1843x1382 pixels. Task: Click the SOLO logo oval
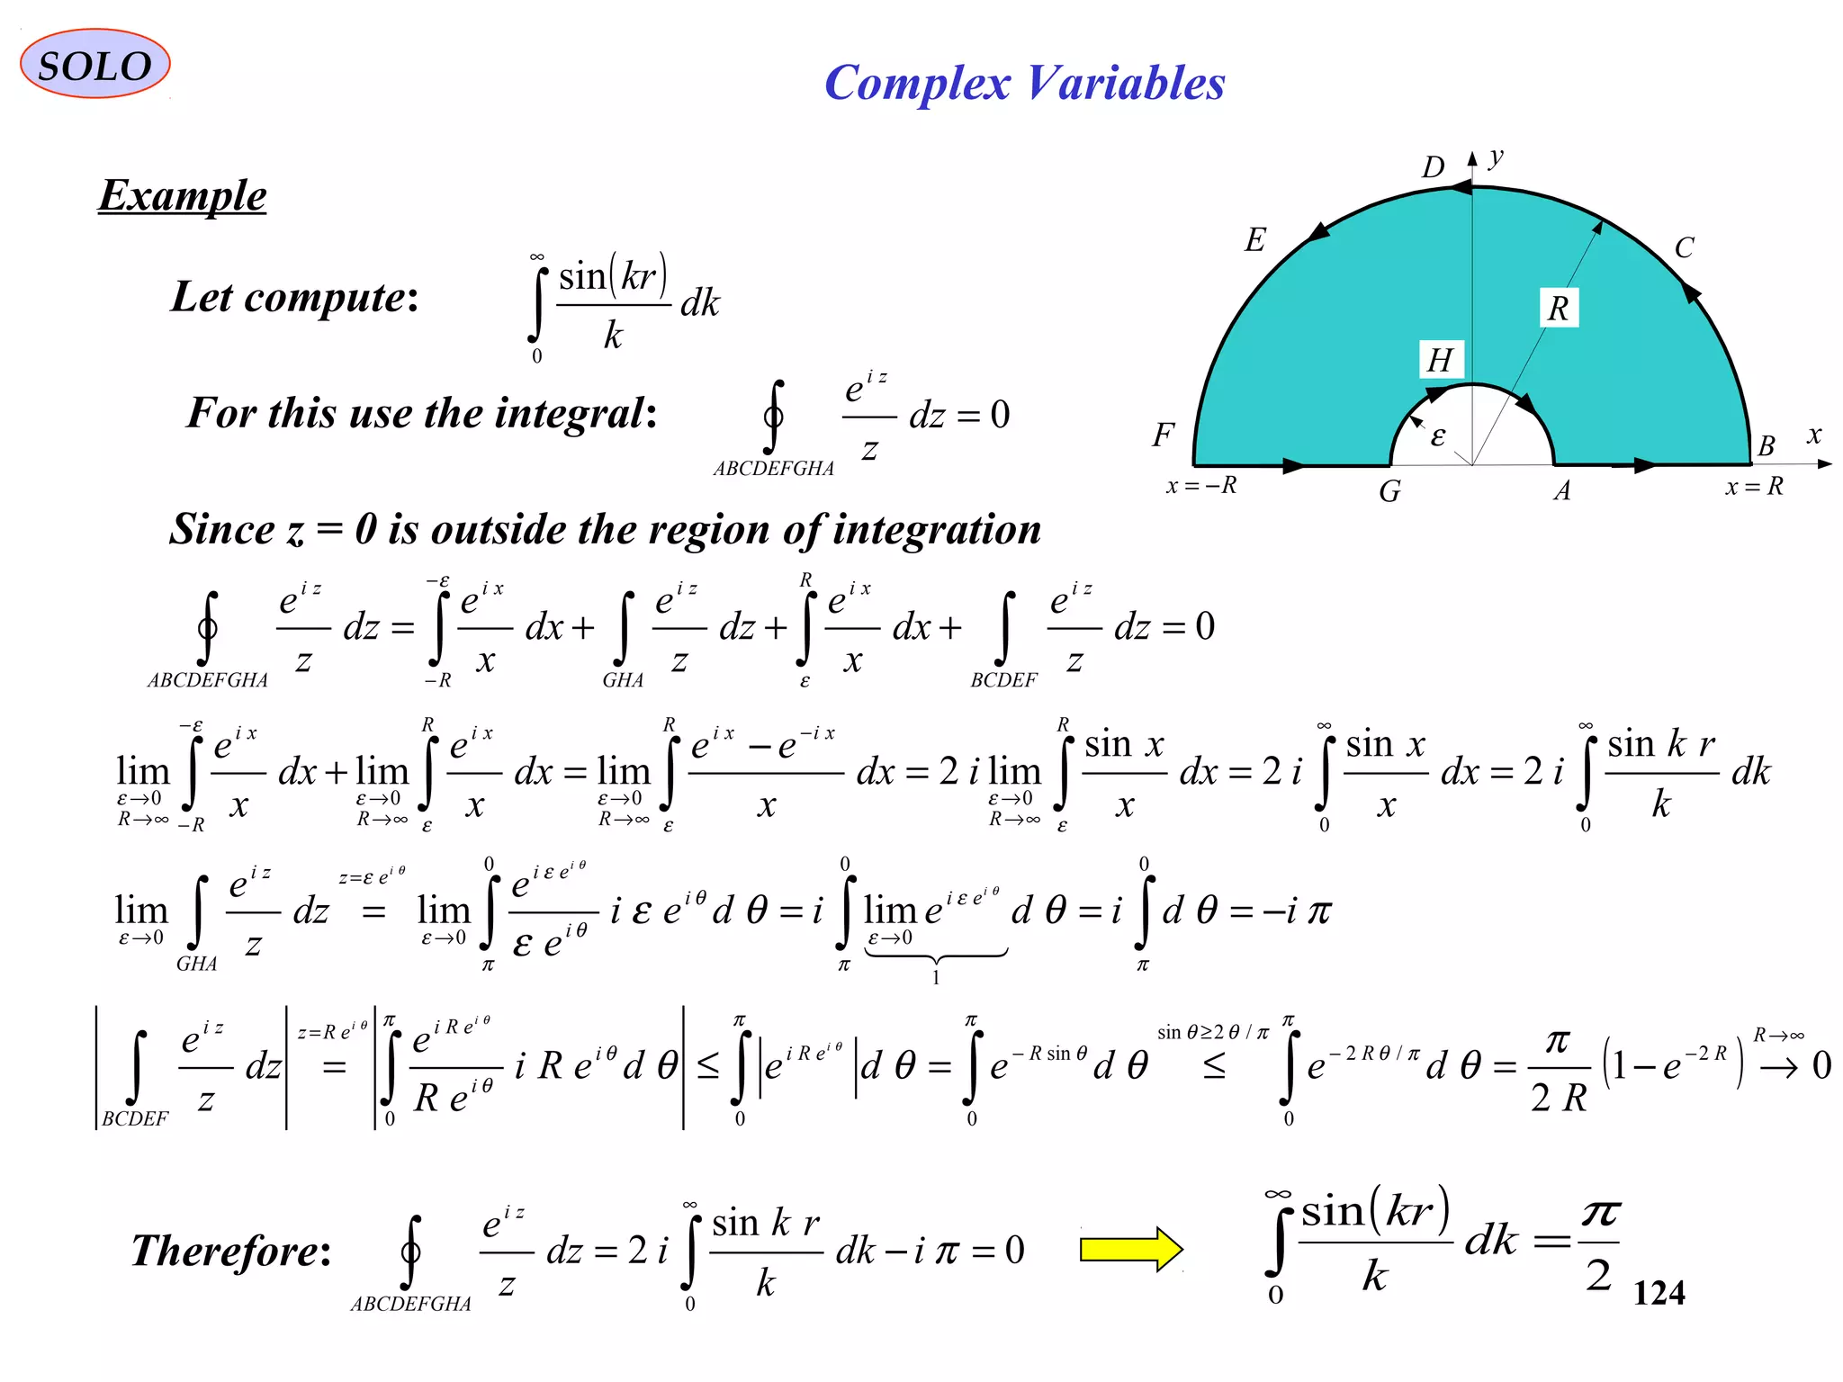pyautogui.click(x=94, y=64)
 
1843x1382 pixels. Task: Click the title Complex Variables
pyautogui.click(x=1024, y=83)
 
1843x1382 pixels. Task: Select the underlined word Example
pyautogui.click(x=183, y=195)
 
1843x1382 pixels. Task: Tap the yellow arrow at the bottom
pyautogui.click(x=1131, y=1249)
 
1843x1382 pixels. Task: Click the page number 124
pyautogui.click(x=1659, y=1293)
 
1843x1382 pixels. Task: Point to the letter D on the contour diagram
pyautogui.click(x=1433, y=167)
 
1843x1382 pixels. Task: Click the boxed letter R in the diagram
pyautogui.click(x=1558, y=309)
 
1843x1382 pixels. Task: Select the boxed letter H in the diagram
pyautogui.click(x=1440, y=360)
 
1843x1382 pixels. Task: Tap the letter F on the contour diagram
pyautogui.click(x=1163, y=435)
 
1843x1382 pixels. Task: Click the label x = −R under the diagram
pyautogui.click(x=1201, y=486)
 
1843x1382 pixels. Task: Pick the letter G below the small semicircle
pyautogui.click(x=1389, y=491)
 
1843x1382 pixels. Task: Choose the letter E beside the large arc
pyautogui.click(x=1254, y=240)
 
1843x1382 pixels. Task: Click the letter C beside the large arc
pyautogui.click(x=1684, y=247)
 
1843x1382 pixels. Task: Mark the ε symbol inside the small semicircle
pyautogui.click(x=1438, y=437)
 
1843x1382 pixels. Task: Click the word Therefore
pyautogui.click(x=230, y=1251)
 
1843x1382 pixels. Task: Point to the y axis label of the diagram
pyautogui.click(x=1496, y=157)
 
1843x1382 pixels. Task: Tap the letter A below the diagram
pyautogui.click(x=1562, y=490)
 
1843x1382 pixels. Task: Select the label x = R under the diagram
pyautogui.click(x=1754, y=487)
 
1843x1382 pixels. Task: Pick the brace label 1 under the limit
pyautogui.click(x=936, y=978)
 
